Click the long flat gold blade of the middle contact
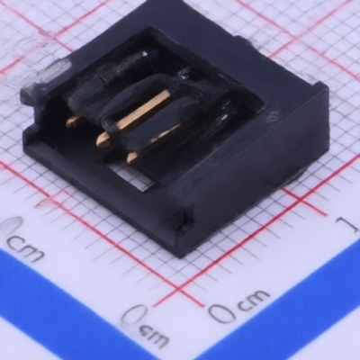141,112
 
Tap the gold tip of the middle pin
103,139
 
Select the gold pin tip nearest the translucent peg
71,121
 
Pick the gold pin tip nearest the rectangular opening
132,157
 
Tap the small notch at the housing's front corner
184,224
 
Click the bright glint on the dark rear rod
144,54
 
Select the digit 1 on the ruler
348,224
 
